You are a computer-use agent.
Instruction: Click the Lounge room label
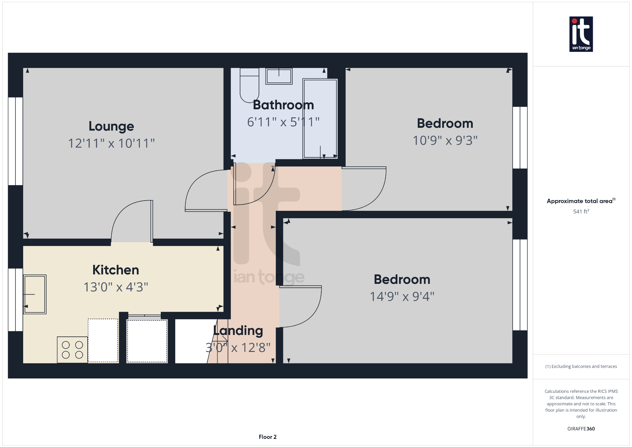tap(111, 126)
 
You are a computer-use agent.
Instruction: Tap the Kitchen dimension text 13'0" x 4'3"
tap(116, 287)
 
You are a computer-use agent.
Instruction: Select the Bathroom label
tap(283, 105)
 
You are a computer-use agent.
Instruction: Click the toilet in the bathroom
tap(249, 85)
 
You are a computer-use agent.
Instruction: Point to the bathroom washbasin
tap(279, 76)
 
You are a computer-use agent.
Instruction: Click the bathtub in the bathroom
tap(320, 119)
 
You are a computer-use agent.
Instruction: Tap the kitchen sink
tap(35, 294)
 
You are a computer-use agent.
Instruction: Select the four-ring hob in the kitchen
tap(72, 350)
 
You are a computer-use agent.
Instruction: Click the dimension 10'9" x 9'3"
tap(445, 140)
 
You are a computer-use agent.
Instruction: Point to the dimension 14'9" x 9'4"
tap(402, 297)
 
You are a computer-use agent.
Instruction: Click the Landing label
tap(238, 331)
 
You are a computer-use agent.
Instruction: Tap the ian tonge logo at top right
tap(581, 34)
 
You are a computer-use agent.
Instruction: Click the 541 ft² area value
tap(581, 211)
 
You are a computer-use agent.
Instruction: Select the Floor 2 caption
tap(268, 437)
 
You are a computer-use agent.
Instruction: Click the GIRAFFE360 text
tap(581, 429)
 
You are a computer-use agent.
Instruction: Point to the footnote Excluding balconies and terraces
tap(581, 366)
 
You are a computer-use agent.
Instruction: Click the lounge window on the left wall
tap(15, 141)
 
